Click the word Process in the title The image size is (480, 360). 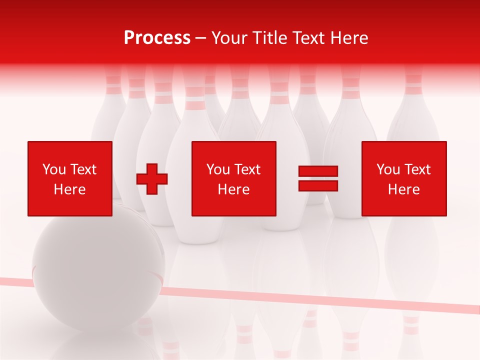click(x=157, y=37)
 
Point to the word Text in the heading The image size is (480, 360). click(x=313, y=37)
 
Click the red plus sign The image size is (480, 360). click(x=152, y=178)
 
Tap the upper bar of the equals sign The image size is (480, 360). click(x=318, y=171)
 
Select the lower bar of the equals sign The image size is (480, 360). click(x=318, y=185)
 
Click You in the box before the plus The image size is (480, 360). click(x=54, y=169)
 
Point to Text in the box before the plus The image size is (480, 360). click(x=83, y=169)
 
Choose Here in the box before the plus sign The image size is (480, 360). click(x=69, y=189)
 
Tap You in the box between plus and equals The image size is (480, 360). click(x=218, y=169)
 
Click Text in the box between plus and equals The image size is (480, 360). click(x=247, y=169)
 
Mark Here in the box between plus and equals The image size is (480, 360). click(x=233, y=189)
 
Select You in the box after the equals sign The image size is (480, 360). click(x=388, y=169)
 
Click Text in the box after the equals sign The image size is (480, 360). click(x=417, y=169)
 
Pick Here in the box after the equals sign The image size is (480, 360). click(x=403, y=189)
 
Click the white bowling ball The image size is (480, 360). click(x=97, y=270)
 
